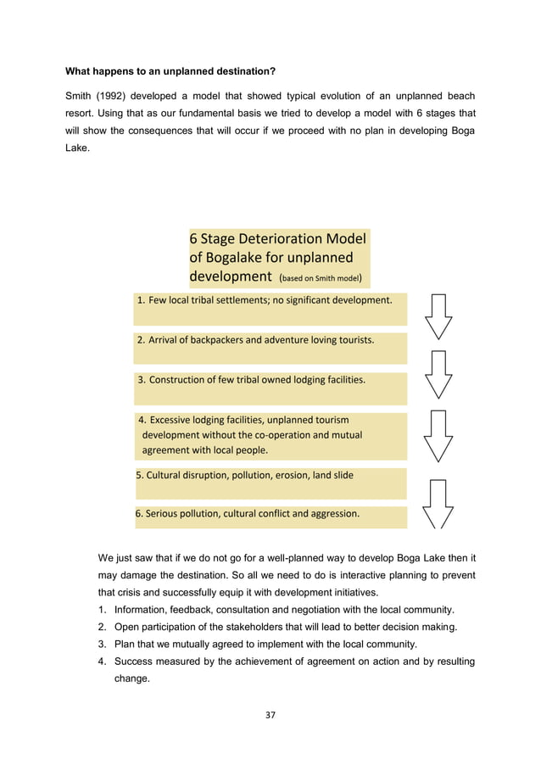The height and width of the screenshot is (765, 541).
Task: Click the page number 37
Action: click(270, 715)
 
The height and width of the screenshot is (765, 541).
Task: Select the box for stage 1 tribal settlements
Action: click(270, 309)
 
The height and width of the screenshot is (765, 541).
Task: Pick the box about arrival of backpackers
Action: click(270, 348)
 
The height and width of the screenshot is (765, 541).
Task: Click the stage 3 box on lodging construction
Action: click(270, 388)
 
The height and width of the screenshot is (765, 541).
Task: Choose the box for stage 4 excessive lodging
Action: click(270, 436)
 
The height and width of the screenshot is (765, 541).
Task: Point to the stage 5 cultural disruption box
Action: click(270, 482)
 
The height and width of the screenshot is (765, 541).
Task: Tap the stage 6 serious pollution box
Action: click(270, 516)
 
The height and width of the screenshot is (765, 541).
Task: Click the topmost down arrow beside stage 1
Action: click(438, 316)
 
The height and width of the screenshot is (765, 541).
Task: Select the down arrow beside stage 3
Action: click(438, 375)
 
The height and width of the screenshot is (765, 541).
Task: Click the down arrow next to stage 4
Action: click(438, 435)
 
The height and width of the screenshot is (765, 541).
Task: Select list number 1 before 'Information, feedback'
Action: click(102, 611)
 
